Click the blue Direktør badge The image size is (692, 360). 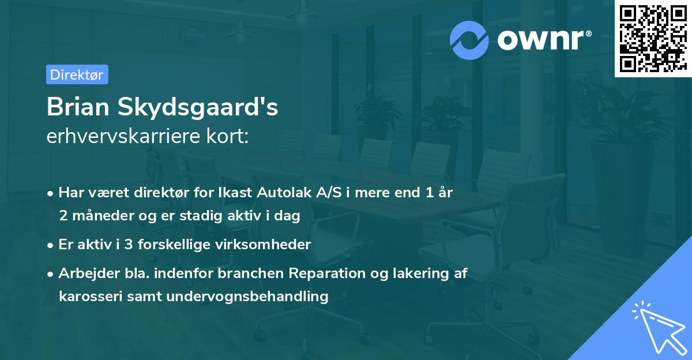click(x=77, y=74)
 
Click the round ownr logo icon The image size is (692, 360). click(x=469, y=40)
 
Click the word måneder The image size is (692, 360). click(x=100, y=216)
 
